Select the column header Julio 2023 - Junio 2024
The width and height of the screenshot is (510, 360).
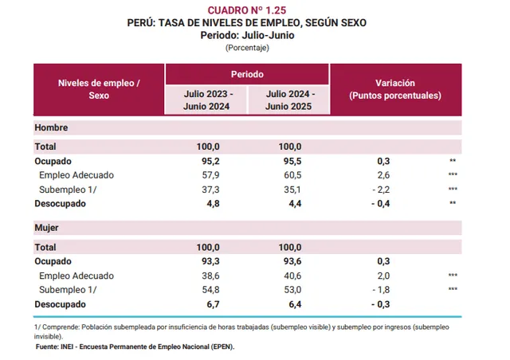(x=206, y=100)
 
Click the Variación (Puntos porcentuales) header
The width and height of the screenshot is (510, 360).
(x=394, y=88)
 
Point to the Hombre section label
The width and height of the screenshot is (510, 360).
(x=51, y=127)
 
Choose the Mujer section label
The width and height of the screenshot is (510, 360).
(x=48, y=228)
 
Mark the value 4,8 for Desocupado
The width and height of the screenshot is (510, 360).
(x=210, y=203)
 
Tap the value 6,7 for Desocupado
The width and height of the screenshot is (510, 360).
(x=210, y=304)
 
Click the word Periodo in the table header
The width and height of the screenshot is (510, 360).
(x=247, y=73)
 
